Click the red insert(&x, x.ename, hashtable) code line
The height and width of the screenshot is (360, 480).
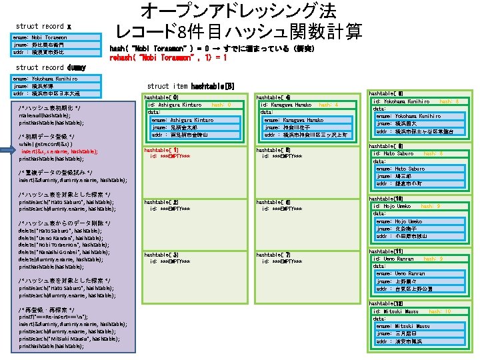pos(59,151)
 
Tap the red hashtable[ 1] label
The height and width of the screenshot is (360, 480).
pos(161,150)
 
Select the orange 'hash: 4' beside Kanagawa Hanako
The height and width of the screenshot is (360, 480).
pos(329,105)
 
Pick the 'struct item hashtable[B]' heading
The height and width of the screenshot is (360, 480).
pos(191,86)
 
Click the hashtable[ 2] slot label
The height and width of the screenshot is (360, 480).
pos(161,201)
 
